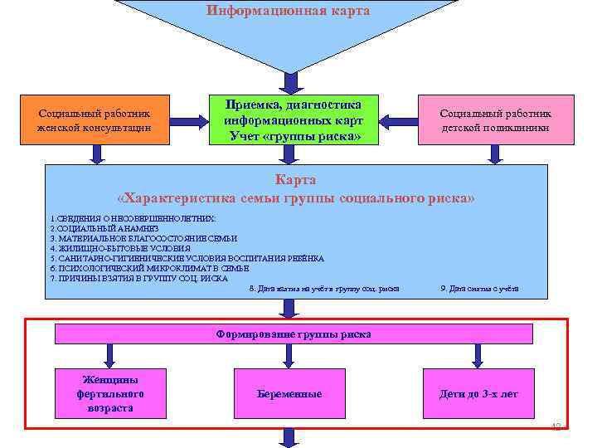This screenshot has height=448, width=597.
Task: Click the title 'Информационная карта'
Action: pos(288,12)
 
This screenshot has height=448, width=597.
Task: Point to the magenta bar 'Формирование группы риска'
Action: pos(294,334)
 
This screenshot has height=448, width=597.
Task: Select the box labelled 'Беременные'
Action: pos(289,393)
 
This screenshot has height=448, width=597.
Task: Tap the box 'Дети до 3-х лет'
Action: pos(478,393)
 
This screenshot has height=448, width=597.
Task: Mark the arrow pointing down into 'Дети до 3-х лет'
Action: pos(477,355)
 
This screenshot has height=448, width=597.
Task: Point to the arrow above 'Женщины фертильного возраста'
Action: pos(102,355)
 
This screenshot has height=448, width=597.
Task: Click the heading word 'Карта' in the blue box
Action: pos(295,180)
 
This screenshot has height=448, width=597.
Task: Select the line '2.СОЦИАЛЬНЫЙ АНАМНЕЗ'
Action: pos(95,227)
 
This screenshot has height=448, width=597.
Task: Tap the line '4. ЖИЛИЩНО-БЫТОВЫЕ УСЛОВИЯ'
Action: pos(120,248)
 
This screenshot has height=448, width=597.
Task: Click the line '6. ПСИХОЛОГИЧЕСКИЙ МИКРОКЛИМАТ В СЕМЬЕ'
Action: pos(149,269)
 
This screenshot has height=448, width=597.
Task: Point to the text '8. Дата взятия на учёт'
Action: pos(323,289)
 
